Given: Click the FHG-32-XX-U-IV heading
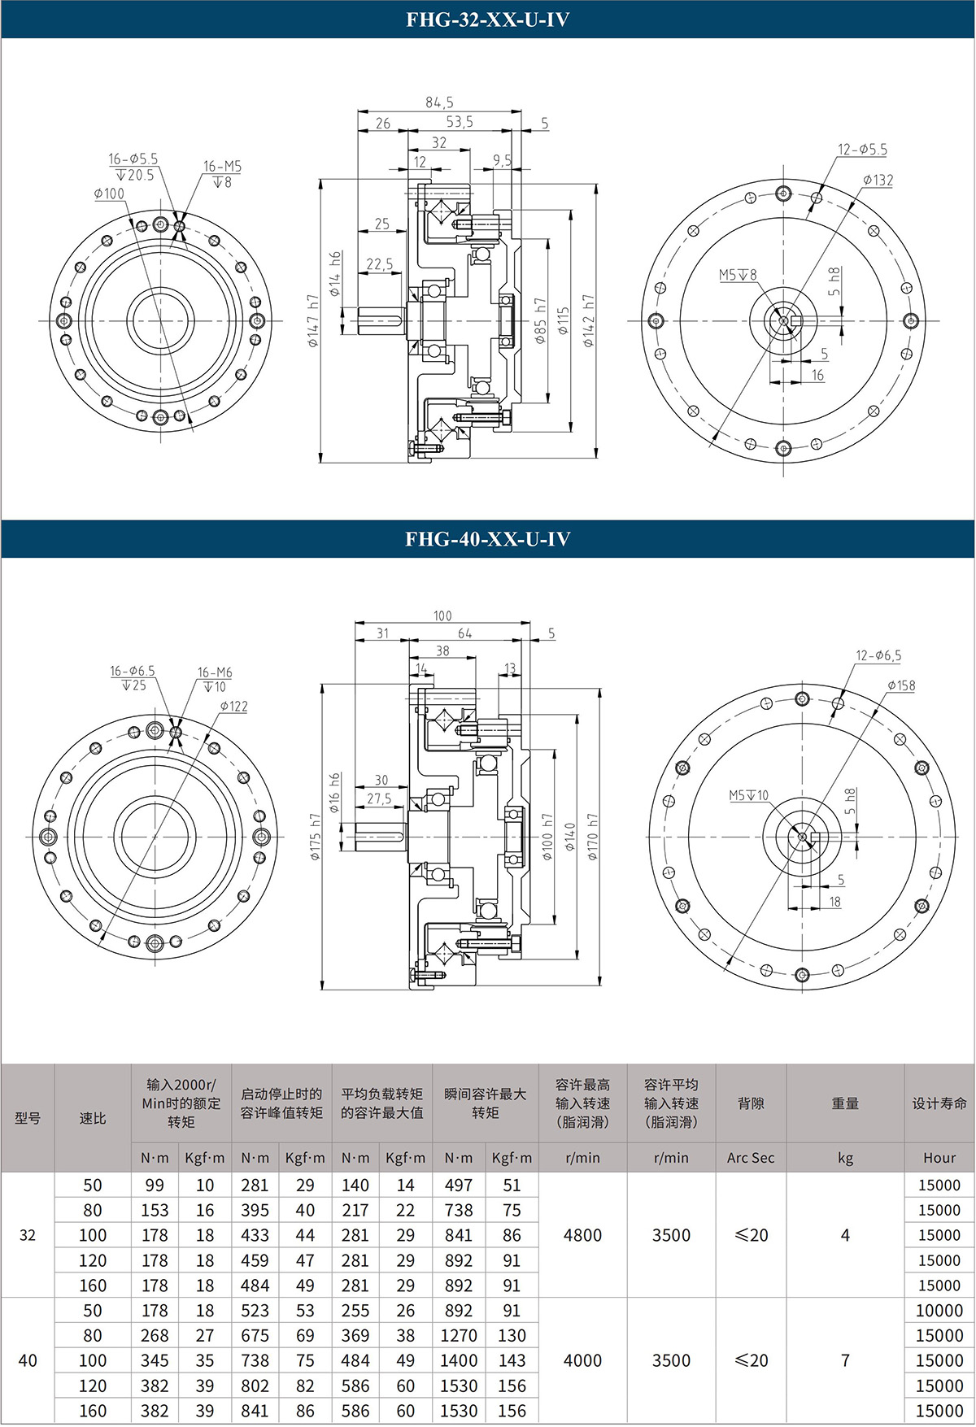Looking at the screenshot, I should pos(487,20).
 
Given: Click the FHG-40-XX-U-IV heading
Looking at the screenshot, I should pos(487,539).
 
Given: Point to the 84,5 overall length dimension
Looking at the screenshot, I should pos(439,102).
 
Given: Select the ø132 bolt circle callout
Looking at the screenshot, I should pos(878,180).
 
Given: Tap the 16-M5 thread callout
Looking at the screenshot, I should pos(222,167).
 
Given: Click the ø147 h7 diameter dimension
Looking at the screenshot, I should pos(313,321).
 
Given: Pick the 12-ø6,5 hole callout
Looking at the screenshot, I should pos(878,655).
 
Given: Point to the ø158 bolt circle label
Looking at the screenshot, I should pos(900,685).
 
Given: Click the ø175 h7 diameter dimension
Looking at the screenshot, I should pos(315,837).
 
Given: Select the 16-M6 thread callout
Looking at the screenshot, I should pos(215,672).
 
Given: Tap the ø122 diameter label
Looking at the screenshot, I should pos(233,706).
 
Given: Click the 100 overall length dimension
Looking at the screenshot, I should pos(442,616).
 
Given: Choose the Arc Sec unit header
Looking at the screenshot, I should pos(750,1158).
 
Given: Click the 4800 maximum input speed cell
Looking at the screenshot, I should pos(582,1235).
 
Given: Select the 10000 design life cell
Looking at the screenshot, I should pos(939,1311).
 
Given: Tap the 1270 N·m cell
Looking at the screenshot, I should pos(459,1336).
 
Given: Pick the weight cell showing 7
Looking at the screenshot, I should pos(845,1360).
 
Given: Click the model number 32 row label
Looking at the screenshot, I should pos(28,1235).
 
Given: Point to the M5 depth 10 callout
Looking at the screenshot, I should pos(748,795).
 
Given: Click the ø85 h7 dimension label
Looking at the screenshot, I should pos(540,320).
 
